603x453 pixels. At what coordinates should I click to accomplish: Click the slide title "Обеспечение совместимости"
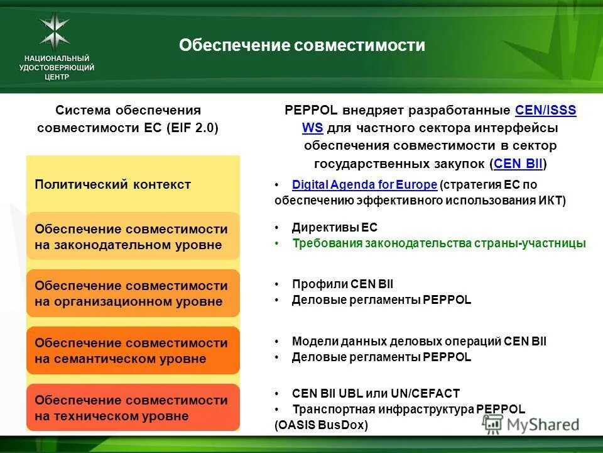point(302,45)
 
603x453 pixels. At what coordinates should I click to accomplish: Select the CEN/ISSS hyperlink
point(545,111)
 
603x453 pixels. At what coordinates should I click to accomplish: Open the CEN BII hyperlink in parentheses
point(518,164)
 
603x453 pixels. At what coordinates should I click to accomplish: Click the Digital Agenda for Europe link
point(364,184)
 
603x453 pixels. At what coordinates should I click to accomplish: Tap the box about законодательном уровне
point(133,237)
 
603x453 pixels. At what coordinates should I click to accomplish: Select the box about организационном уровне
point(133,293)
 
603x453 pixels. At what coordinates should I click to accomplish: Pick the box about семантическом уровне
point(133,350)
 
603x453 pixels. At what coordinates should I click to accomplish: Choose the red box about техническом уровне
point(133,408)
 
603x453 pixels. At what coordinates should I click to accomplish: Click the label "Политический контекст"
point(113,184)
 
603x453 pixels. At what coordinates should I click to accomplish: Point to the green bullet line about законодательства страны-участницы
point(438,243)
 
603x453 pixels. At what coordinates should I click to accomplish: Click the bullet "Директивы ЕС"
point(335,227)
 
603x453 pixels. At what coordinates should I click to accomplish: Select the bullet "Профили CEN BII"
point(342,284)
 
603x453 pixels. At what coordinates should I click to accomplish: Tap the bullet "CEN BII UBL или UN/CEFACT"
point(376,393)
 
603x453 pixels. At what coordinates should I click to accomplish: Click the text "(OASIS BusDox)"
point(322,425)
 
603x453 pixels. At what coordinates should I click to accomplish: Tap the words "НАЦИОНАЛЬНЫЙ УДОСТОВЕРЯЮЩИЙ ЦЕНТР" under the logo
point(57,67)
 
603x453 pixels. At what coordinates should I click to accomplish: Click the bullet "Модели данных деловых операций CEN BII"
point(419,341)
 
